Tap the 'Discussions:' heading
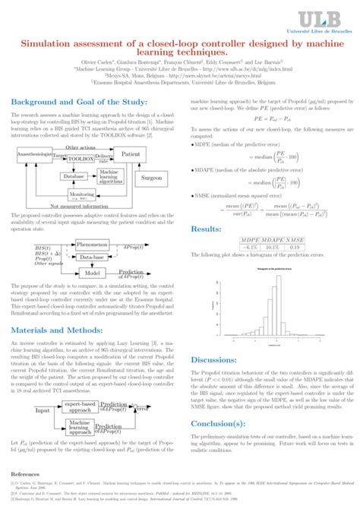click(215, 360)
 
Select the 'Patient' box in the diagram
click(130, 154)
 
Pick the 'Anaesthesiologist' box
click(32, 154)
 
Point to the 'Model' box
click(92, 273)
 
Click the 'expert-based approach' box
click(78, 408)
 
